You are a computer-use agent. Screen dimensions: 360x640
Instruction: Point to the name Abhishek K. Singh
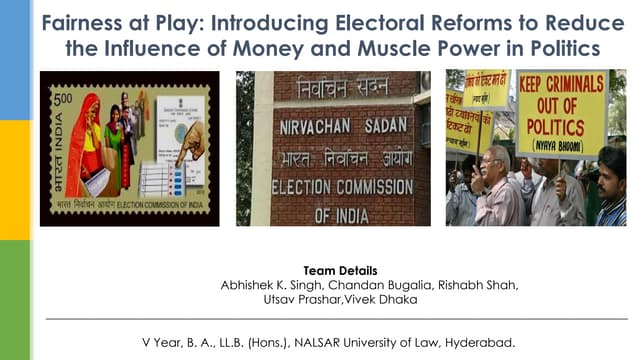[x=269, y=285]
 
